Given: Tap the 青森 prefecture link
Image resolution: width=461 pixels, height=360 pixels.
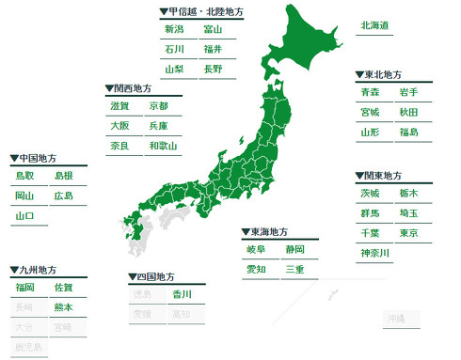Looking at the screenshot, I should [370, 92].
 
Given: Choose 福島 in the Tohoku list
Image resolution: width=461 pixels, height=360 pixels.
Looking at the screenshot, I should [408, 133].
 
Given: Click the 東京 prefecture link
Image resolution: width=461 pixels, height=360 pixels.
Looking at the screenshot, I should [408, 233].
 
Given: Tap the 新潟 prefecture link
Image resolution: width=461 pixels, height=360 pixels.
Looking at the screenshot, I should [174, 30].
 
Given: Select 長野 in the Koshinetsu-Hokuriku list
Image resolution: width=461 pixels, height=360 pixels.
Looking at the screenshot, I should [213, 70].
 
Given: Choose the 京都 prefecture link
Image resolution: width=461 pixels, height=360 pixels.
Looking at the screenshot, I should [158, 106].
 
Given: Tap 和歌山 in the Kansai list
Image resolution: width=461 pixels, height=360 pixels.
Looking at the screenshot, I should [162, 147].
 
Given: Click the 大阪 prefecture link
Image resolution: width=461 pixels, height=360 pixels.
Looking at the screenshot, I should [119, 126].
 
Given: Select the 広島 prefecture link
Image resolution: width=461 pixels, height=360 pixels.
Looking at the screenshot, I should [63, 196].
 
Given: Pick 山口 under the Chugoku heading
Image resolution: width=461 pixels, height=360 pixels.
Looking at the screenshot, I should [24, 216].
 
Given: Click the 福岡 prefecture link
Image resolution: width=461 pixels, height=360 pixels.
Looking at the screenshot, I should [24, 288].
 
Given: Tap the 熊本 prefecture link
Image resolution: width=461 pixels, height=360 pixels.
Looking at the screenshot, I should [63, 307].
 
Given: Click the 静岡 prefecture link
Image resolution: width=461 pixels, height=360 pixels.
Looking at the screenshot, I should [294, 250].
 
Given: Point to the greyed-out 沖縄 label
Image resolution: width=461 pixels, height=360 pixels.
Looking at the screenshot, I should [395, 320].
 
